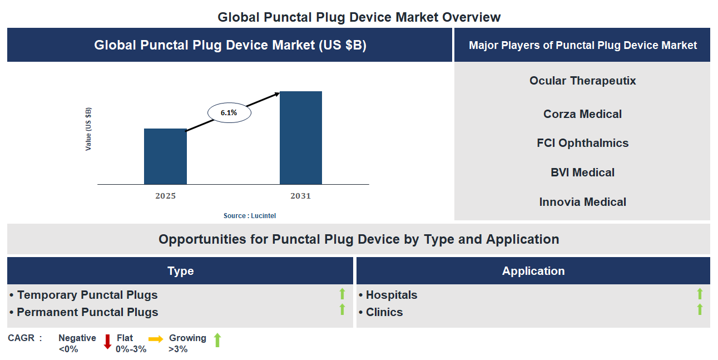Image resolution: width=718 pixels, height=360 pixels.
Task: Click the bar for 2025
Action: click(x=165, y=156)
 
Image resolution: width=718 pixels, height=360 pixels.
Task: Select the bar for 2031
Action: click(x=300, y=137)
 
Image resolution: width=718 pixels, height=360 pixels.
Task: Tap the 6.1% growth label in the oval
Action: click(x=229, y=113)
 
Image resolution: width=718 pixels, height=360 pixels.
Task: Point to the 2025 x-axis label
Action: click(x=165, y=196)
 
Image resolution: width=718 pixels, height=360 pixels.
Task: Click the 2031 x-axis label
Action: click(x=300, y=196)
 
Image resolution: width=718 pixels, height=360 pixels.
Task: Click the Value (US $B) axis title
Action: click(x=88, y=129)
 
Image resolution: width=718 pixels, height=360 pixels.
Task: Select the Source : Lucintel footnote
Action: click(x=250, y=215)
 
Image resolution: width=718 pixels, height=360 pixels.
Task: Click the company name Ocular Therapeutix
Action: click(x=582, y=81)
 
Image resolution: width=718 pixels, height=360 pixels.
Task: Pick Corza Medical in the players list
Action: click(x=582, y=114)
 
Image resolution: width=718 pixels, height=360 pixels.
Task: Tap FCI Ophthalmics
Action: click(x=582, y=143)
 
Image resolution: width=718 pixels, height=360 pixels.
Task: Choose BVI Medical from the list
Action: click(x=582, y=172)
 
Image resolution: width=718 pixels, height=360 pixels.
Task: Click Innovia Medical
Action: click(x=582, y=202)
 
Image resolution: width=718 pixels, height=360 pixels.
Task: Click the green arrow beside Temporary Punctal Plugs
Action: click(x=343, y=294)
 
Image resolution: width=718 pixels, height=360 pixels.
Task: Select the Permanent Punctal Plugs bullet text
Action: click(x=87, y=312)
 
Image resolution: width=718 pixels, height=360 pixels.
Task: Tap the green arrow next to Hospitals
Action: click(x=700, y=294)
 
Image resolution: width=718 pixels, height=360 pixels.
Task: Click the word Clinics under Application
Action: click(x=384, y=312)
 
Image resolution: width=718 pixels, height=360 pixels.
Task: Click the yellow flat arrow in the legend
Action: click(x=156, y=339)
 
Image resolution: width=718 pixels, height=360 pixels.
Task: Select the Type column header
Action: click(x=180, y=271)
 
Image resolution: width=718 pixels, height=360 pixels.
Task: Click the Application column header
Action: click(x=533, y=271)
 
